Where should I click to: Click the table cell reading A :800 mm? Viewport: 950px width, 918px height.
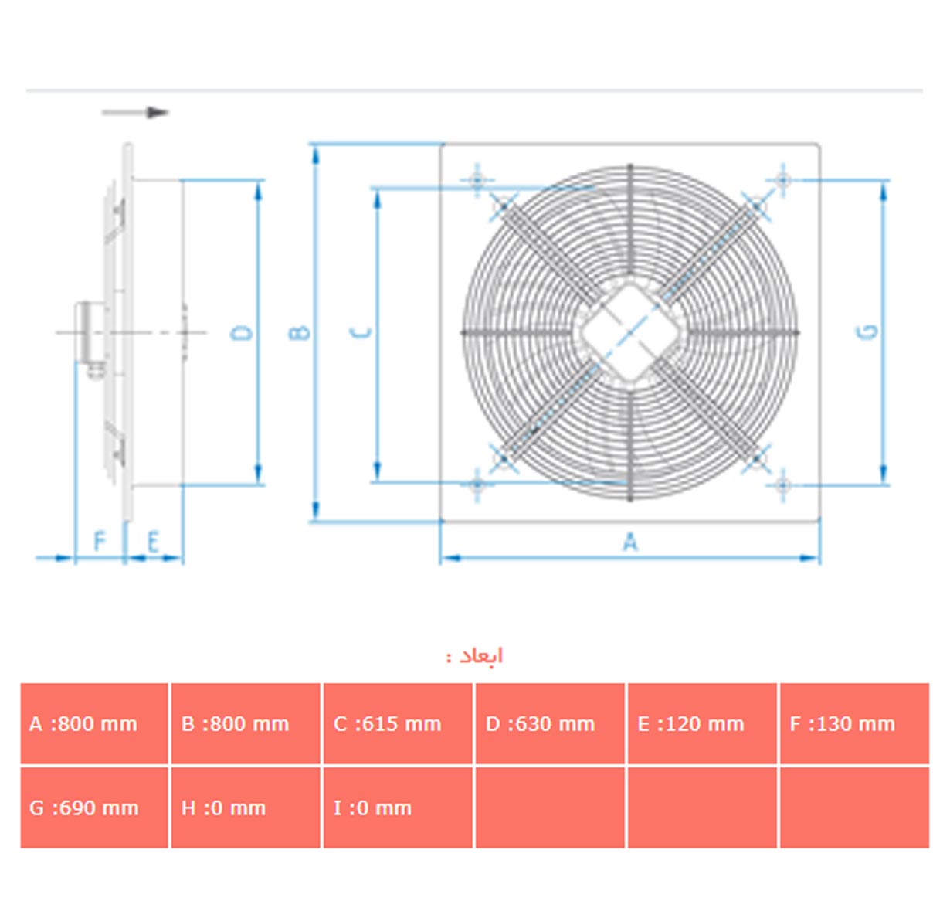pos(94,723)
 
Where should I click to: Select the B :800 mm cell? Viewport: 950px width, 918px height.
pos(246,723)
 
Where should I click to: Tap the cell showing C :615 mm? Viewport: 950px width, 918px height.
pos(398,723)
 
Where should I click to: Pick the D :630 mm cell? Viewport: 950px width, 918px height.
pos(550,723)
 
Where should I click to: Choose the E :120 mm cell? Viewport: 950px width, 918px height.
pos(703,723)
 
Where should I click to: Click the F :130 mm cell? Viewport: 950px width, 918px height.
pos(855,723)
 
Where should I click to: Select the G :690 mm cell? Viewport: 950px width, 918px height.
pos(94,807)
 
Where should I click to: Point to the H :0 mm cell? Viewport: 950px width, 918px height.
pos(246,807)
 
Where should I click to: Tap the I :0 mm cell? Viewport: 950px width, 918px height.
pos(398,807)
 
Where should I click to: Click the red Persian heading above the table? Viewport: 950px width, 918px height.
pos(474,656)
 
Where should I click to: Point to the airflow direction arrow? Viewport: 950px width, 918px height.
pos(135,112)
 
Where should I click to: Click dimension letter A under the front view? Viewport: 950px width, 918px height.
pos(630,542)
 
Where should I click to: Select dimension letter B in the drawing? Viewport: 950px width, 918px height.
pos(299,332)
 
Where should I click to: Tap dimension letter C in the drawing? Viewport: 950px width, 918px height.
pos(361,332)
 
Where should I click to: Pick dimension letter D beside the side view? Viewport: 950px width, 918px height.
pos(242,332)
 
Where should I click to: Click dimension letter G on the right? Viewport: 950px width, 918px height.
pos(867,332)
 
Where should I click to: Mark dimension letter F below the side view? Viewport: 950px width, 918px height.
pos(99,541)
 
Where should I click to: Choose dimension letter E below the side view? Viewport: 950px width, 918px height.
pos(153,542)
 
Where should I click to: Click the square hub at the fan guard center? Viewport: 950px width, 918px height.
pos(629,333)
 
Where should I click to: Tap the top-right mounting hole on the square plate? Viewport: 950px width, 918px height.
pos(783,180)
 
